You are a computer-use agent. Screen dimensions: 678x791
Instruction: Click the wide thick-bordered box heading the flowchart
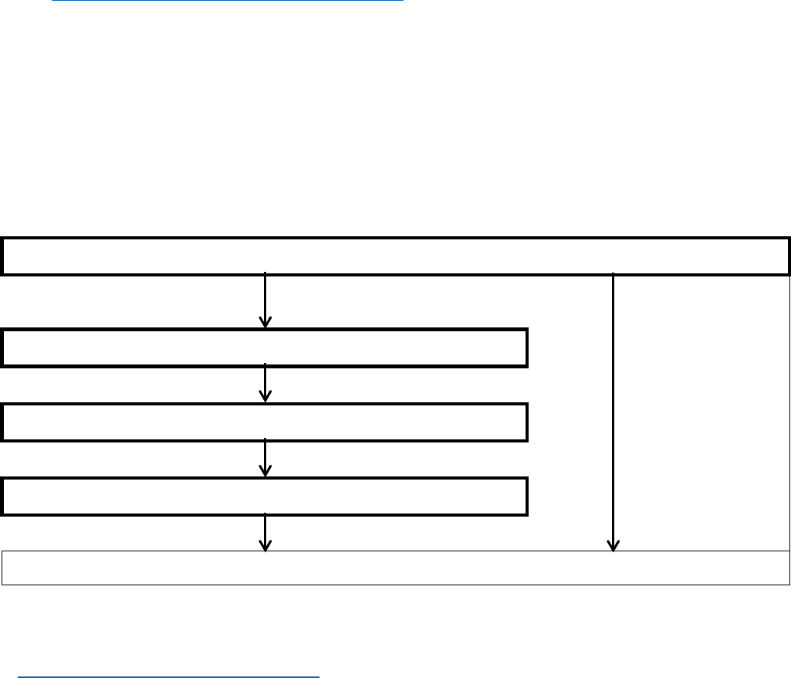coord(395,256)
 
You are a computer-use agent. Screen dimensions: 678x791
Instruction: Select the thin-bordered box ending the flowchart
coord(395,568)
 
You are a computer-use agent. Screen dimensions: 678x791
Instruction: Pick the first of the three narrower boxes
coord(265,347)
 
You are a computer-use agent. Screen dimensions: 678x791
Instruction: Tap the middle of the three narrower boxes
coord(265,422)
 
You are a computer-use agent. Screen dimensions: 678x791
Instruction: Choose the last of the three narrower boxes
coord(265,497)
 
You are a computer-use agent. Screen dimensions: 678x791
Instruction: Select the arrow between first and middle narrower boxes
coord(265,383)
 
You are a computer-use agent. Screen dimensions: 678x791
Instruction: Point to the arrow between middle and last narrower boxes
coord(265,458)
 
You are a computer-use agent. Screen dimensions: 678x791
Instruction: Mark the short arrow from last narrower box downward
coord(265,532)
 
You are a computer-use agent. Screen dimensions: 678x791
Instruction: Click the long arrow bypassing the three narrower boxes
coord(614,409)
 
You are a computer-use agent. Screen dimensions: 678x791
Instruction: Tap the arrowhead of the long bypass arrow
coord(614,546)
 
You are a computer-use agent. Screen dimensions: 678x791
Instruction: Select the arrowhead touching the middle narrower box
coord(265,397)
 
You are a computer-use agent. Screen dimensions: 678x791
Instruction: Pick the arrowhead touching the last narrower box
coord(265,472)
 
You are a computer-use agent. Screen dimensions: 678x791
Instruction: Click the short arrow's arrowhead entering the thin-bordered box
coord(265,546)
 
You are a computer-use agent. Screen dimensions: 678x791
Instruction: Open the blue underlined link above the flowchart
coord(228,1)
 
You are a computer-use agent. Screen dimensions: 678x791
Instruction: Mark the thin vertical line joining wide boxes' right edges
coord(789,412)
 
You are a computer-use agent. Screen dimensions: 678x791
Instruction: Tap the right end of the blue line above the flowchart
coord(403,1)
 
